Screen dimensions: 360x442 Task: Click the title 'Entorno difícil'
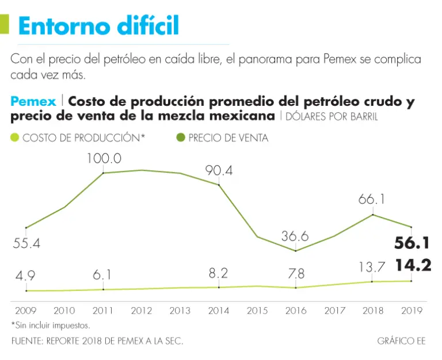[98, 26]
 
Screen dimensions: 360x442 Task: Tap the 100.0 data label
[104, 158]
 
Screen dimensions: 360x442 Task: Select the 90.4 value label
[219, 170]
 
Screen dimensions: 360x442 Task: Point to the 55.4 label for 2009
[26, 243]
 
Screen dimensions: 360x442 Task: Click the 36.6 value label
[295, 236]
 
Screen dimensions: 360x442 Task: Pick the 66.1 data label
[371, 200]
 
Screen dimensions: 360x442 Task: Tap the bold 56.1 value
[412, 243]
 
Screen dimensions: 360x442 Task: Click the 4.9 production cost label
[26, 276]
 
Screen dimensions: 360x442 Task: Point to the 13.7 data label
[371, 268]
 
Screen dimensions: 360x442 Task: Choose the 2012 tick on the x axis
[142, 311]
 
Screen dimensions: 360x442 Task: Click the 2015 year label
[257, 311]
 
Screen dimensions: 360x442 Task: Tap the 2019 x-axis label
[411, 311]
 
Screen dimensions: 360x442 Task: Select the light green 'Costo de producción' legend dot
[15, 138]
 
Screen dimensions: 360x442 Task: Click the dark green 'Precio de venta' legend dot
[181, 138]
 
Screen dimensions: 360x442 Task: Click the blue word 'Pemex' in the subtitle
[33, 102]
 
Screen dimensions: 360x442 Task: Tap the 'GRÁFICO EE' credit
[401, 341]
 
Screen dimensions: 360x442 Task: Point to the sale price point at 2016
[295, 251]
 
